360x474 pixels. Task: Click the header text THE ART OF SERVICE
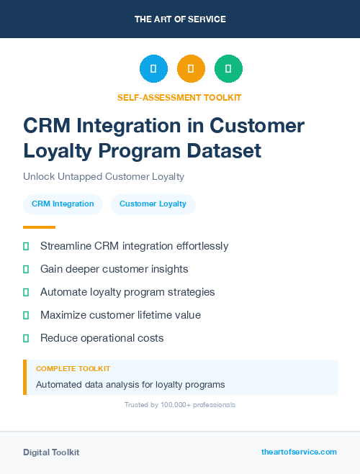(x=180, y=19)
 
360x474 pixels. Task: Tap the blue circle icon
(x=153, y=69)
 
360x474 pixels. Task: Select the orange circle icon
(x=191, y=69)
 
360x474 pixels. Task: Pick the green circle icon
(x=228, y=69)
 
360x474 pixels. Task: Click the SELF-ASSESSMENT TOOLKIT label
(x=180, y=97)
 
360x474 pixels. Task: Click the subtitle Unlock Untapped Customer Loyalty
(x=104, y=176)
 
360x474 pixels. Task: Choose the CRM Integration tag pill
(x=63, y=204)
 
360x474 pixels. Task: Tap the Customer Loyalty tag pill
(x=153, y=204)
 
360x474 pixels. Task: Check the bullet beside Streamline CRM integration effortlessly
(x=26, y=246)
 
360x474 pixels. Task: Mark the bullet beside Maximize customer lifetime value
(x=26, y=315)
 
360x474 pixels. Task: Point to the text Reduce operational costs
(x=102, y=338)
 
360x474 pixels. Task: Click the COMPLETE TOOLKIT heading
(x=73, y=368)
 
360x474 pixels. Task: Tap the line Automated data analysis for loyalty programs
(x=130, y=384)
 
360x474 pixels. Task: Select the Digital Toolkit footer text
(x=51, y=452)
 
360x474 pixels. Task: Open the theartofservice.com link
(x=299, y=452)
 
